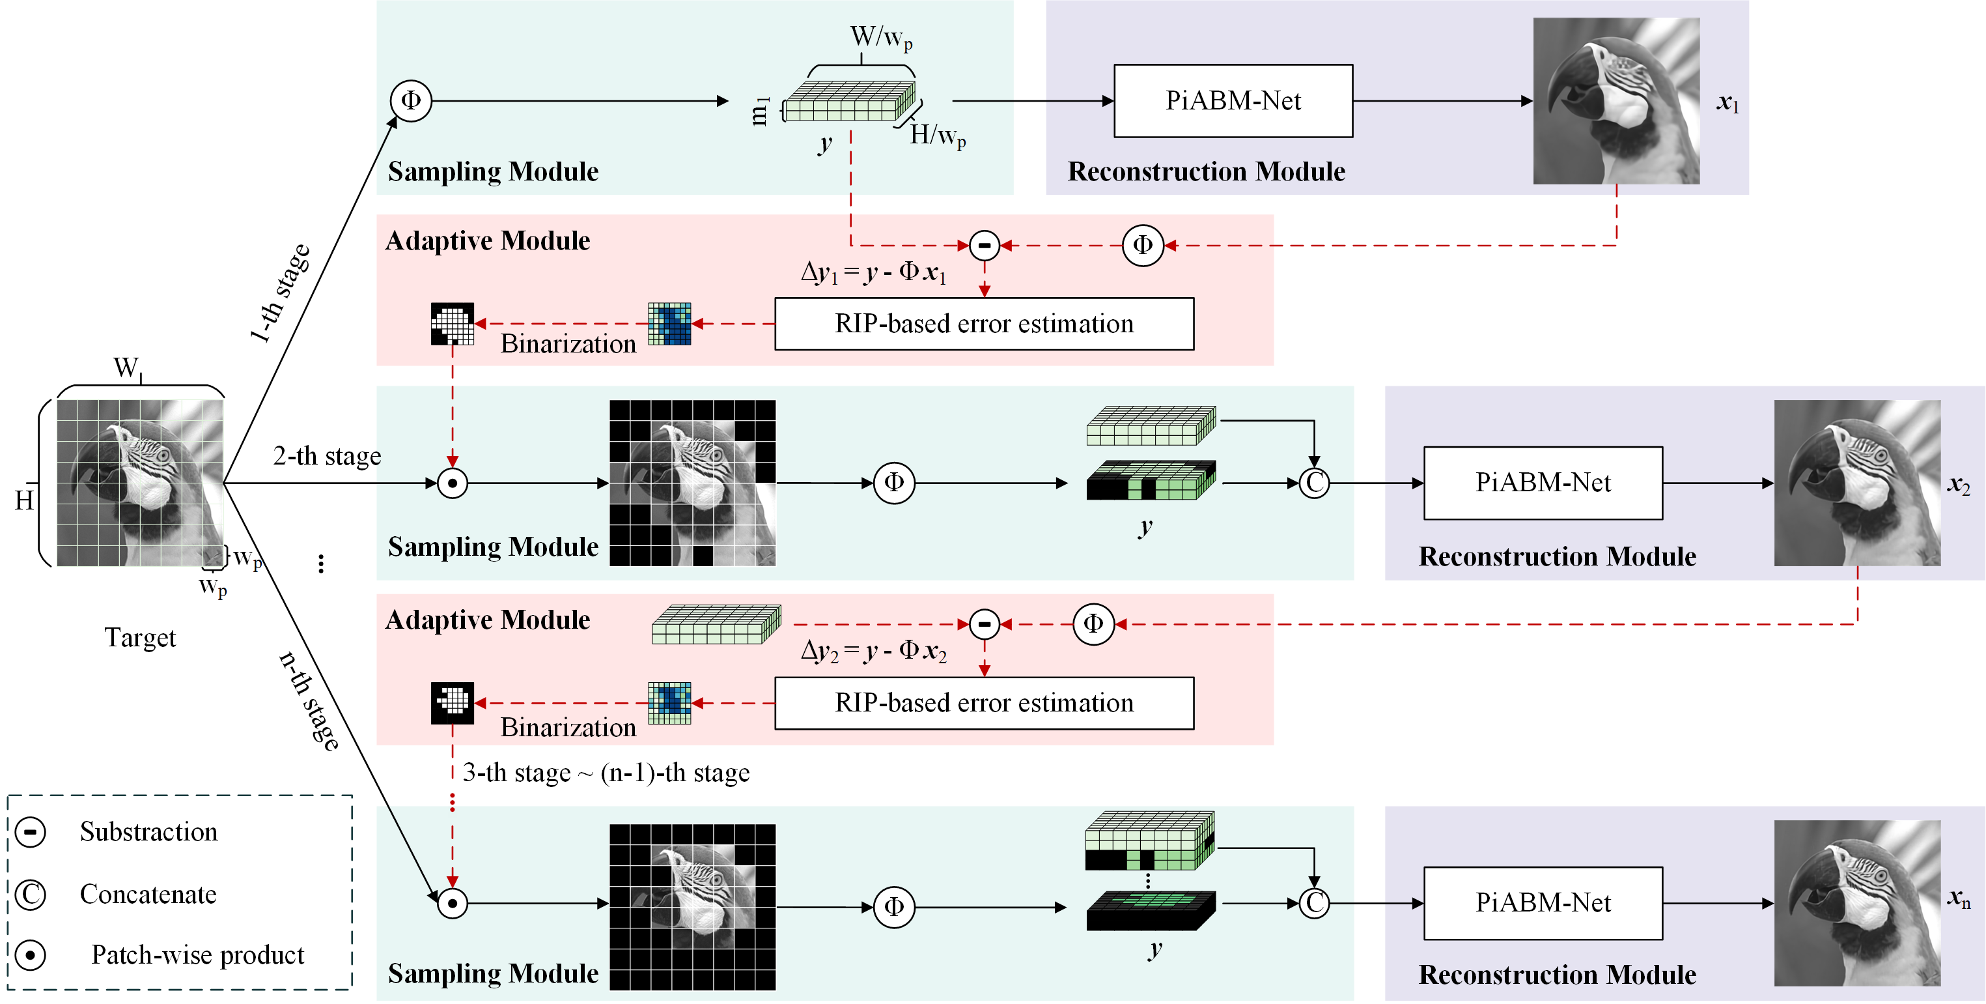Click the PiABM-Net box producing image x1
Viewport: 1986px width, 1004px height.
coord(1233,101)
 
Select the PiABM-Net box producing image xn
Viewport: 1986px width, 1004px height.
coord(1543,903)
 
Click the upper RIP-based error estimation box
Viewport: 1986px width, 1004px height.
coord(984,324)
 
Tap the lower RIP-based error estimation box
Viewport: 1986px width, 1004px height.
coord(984,703)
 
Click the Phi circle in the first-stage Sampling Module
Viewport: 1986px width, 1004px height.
coord(410,100)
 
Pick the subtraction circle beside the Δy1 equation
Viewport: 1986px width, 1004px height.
coord(985,245)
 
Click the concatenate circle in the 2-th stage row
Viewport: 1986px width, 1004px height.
coord(1314,483)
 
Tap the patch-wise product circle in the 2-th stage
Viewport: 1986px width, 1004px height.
coord(453,483)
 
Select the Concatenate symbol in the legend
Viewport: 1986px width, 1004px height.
coord(31,895)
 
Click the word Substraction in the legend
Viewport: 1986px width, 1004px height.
coord(149,832)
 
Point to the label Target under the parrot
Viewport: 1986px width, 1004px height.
coord(140,638)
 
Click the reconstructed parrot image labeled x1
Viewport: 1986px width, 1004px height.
coord(1616,101)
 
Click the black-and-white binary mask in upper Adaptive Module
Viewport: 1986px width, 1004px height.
coord(453,324)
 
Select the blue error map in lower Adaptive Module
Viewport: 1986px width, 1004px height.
coord(669,703)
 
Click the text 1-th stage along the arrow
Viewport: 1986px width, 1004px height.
coord(281,293)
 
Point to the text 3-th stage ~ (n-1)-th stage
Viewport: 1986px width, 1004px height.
coord(606,773)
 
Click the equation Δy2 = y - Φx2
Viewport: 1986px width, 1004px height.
coord(873,651)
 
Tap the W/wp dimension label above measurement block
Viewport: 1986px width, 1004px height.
coord(880,37)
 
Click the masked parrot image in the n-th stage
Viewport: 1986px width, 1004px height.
coord(692,907)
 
